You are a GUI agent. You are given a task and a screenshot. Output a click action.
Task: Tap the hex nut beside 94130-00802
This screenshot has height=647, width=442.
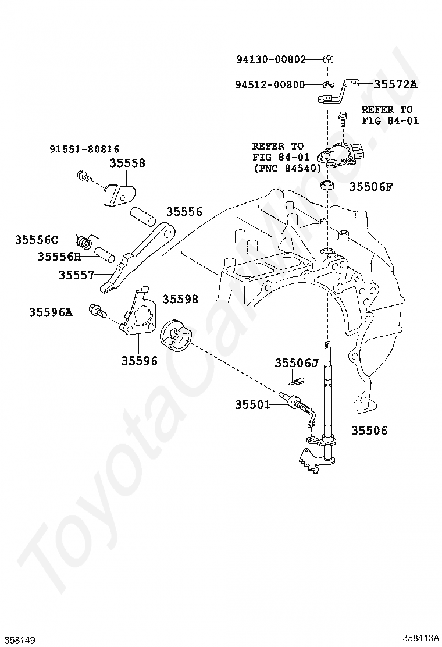(x=328, y=59)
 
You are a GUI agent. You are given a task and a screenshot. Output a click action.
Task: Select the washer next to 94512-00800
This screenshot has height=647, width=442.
(x=329, y=84)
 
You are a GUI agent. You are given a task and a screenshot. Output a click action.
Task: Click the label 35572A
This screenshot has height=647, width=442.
(x=395, y=84)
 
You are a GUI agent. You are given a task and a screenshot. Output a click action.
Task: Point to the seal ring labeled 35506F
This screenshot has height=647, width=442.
(x=329, y=186)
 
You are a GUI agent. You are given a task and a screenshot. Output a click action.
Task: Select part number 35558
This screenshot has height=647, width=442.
(x=127, y=163)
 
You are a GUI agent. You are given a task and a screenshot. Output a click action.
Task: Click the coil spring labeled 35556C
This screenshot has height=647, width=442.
(x=86, y=239)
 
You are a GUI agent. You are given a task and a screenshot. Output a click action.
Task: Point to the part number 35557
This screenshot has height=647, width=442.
(x=76, y=273)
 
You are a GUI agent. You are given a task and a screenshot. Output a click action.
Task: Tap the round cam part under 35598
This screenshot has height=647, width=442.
(x=175, y=336)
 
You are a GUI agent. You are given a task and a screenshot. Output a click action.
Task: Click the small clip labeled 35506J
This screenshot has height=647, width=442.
(x=297, y=382)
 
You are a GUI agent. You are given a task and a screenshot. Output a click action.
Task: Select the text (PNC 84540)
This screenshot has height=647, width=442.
(x=287, y=168)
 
